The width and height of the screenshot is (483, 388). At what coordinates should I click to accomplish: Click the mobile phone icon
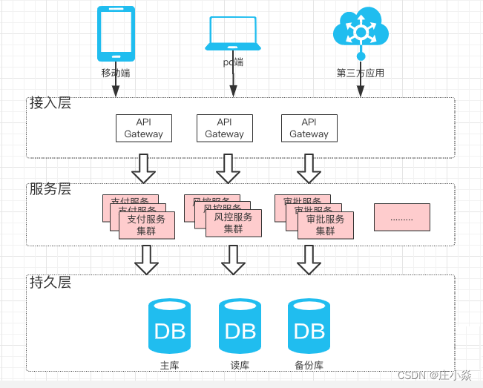(x=116, y=34)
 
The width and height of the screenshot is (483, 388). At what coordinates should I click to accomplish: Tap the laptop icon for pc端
(x=233, y=33)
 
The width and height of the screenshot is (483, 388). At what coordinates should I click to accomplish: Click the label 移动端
(x=116, y=73)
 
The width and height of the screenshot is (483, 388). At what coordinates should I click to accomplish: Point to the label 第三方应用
(x=361, y=73)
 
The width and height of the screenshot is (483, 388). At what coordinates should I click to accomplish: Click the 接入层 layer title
(x=50, y=103)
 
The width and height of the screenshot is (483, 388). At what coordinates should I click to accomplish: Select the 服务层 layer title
(x=50, y=189)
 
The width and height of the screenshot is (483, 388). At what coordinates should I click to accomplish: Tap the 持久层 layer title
(x=50, y=282)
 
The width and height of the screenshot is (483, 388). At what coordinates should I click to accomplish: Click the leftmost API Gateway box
(x=143, y=128)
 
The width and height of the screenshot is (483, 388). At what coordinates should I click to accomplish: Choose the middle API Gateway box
(x=224, y=128)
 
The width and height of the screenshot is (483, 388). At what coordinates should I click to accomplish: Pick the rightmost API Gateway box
(x=309, y=128)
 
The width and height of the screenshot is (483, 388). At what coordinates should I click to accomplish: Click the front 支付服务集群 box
(x=147, y=225)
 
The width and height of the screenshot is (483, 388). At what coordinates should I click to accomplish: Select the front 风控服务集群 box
(x=234, y=223)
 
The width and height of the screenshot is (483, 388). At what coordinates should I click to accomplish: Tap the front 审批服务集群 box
(x=326, y=225)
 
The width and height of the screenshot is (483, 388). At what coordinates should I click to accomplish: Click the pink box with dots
(x=401, y=217)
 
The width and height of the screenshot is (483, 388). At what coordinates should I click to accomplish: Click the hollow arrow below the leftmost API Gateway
(x=143, y=168)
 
